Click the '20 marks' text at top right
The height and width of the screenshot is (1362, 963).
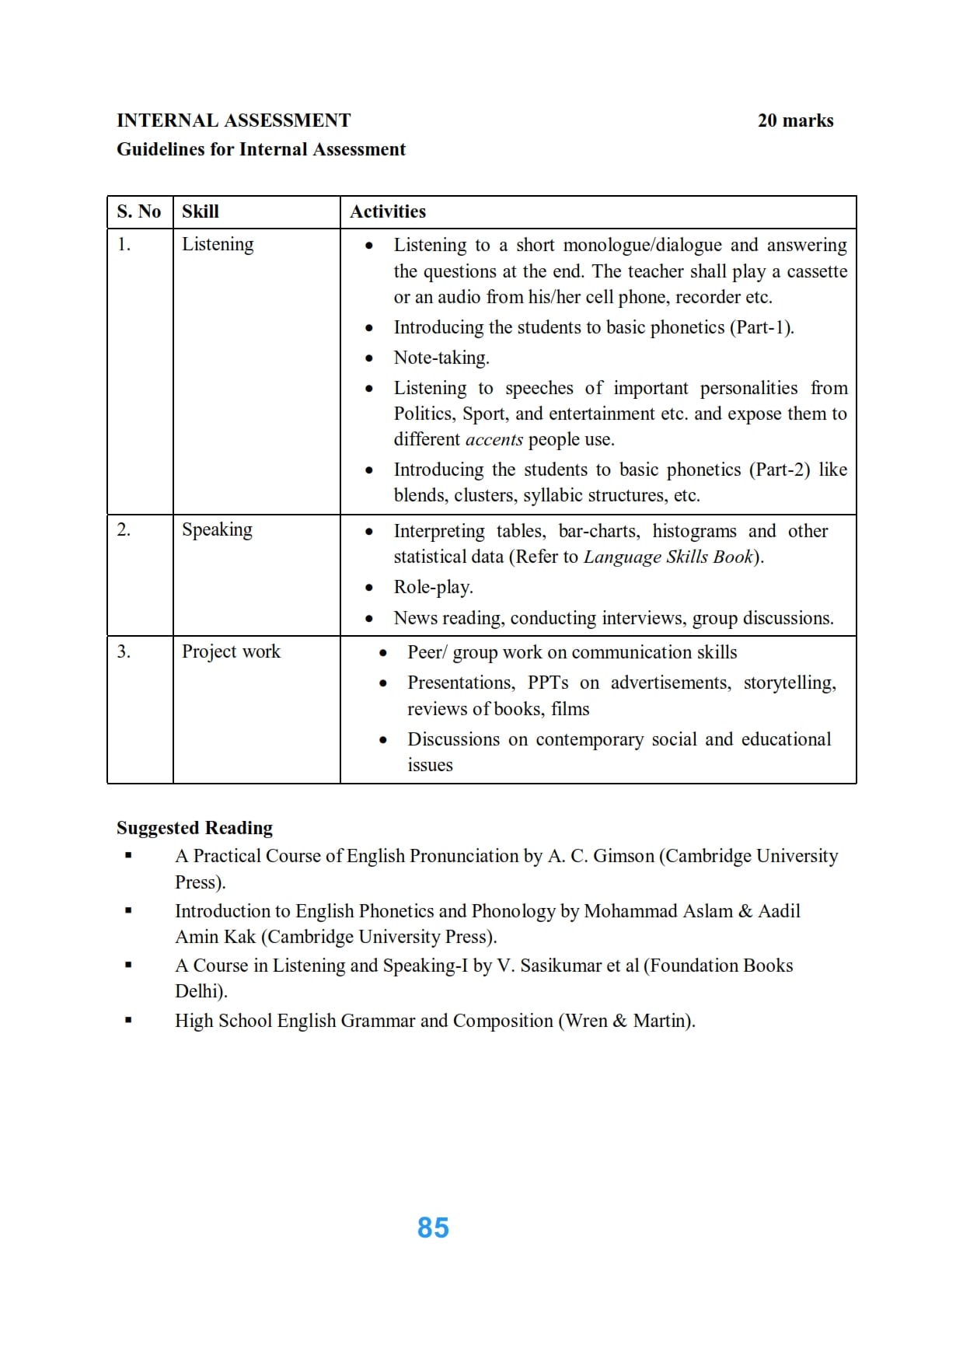pyautogui.click(x=795, y=120)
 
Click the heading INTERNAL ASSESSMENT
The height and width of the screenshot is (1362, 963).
pyautogui.click(x=233, y=120)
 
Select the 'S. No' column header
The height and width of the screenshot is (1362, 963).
pyautogui.click(x=139, y=211)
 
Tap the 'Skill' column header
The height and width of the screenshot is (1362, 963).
pyautogui.click(x=201, y=211)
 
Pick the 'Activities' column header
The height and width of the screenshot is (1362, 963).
pyautogui.click(x=388, y=211)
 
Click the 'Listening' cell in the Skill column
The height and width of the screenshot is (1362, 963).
pyautogui.click(x=218, y=244)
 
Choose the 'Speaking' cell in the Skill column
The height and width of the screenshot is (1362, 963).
pyautogui.click(x=217, y=529)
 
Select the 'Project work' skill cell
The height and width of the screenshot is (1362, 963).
pyautogui.click(x=231, y=651)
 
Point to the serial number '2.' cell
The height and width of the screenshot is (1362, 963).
pyautogui.click(x=124, y=529)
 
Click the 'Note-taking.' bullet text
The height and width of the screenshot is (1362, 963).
pyautogui.click(x=441, y=358)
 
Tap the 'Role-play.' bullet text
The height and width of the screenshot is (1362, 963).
pyautogui.click(x=433, y=587)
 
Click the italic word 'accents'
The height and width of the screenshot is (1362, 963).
pyautogui.click(x=494, y=440)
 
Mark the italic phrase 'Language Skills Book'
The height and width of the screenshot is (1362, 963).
pyautogui.click(x=668, y=557)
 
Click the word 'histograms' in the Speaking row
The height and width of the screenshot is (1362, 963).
pyautogui.click(x=694, y=531)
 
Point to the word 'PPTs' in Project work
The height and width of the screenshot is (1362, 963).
pyautogui.click(x=548, y=683)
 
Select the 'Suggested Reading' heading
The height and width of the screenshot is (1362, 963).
pyautogui.click(x=194, y=828)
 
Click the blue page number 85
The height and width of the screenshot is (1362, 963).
pyautogui.click(x=433, y=1228)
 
